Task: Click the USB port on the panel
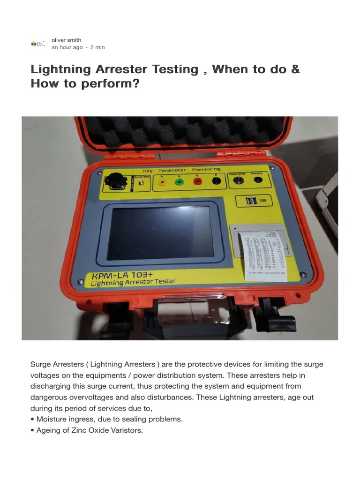point(252,201)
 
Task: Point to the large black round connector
point(114,180)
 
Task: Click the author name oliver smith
point(66,40)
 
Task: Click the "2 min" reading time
point(97,47)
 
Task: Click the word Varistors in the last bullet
point(126,430)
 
